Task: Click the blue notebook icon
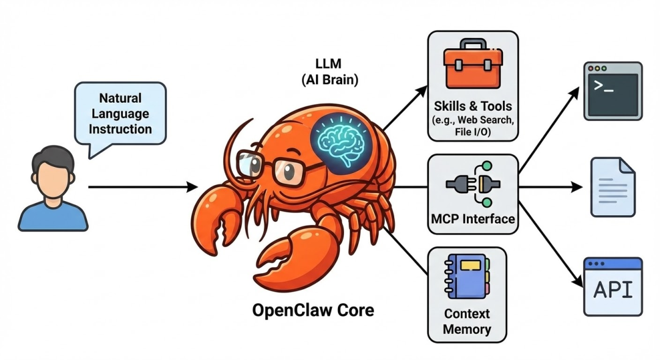(x=468, y=276)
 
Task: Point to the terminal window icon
(x=613, y=91)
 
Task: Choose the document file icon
(x=613, y=187)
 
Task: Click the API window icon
(x=613, y=287)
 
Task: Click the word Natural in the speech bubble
(x=120, y=98)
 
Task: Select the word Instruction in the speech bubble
(x=120, y=129)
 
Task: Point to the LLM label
(x=328, y=64)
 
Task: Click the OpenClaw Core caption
(x=313, y=310)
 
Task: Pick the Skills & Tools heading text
(x=473, y=106)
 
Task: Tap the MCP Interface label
(x=473, y=219)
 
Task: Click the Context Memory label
(x=468, y=321)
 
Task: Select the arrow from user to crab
(x=142, y=186)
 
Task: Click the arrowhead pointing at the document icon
(x=577, y=187)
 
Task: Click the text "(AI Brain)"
(x=330, y=79)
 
